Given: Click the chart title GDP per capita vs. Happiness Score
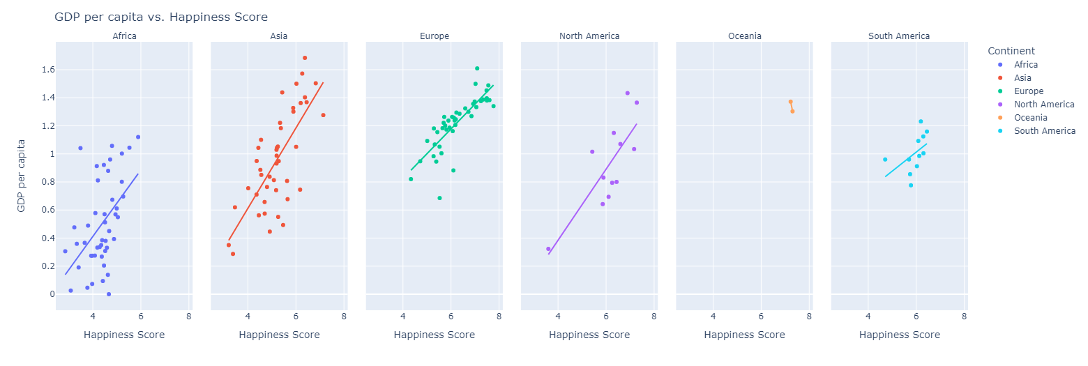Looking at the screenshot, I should (160, 17).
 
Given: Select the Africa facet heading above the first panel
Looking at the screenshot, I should (124, 36).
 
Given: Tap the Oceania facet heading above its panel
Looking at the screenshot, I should (744, 36).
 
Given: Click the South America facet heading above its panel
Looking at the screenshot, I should (898, 36).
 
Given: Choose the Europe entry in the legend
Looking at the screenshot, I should (1029, 91).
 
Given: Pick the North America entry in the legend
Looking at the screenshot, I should (1044, 105).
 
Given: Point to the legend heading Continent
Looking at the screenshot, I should (1011, 51).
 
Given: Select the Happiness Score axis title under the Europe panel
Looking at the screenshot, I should (434, 335).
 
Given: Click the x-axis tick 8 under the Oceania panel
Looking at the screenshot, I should (809, 316).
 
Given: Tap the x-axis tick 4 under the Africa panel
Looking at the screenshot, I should (93, 316).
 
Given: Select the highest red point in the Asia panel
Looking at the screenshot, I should (305, 58).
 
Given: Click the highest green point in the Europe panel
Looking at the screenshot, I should (477, 68).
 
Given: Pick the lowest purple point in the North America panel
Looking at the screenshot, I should (548, 249).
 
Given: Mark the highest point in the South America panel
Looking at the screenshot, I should (921, 121).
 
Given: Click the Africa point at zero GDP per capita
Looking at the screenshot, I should (109, 294).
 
